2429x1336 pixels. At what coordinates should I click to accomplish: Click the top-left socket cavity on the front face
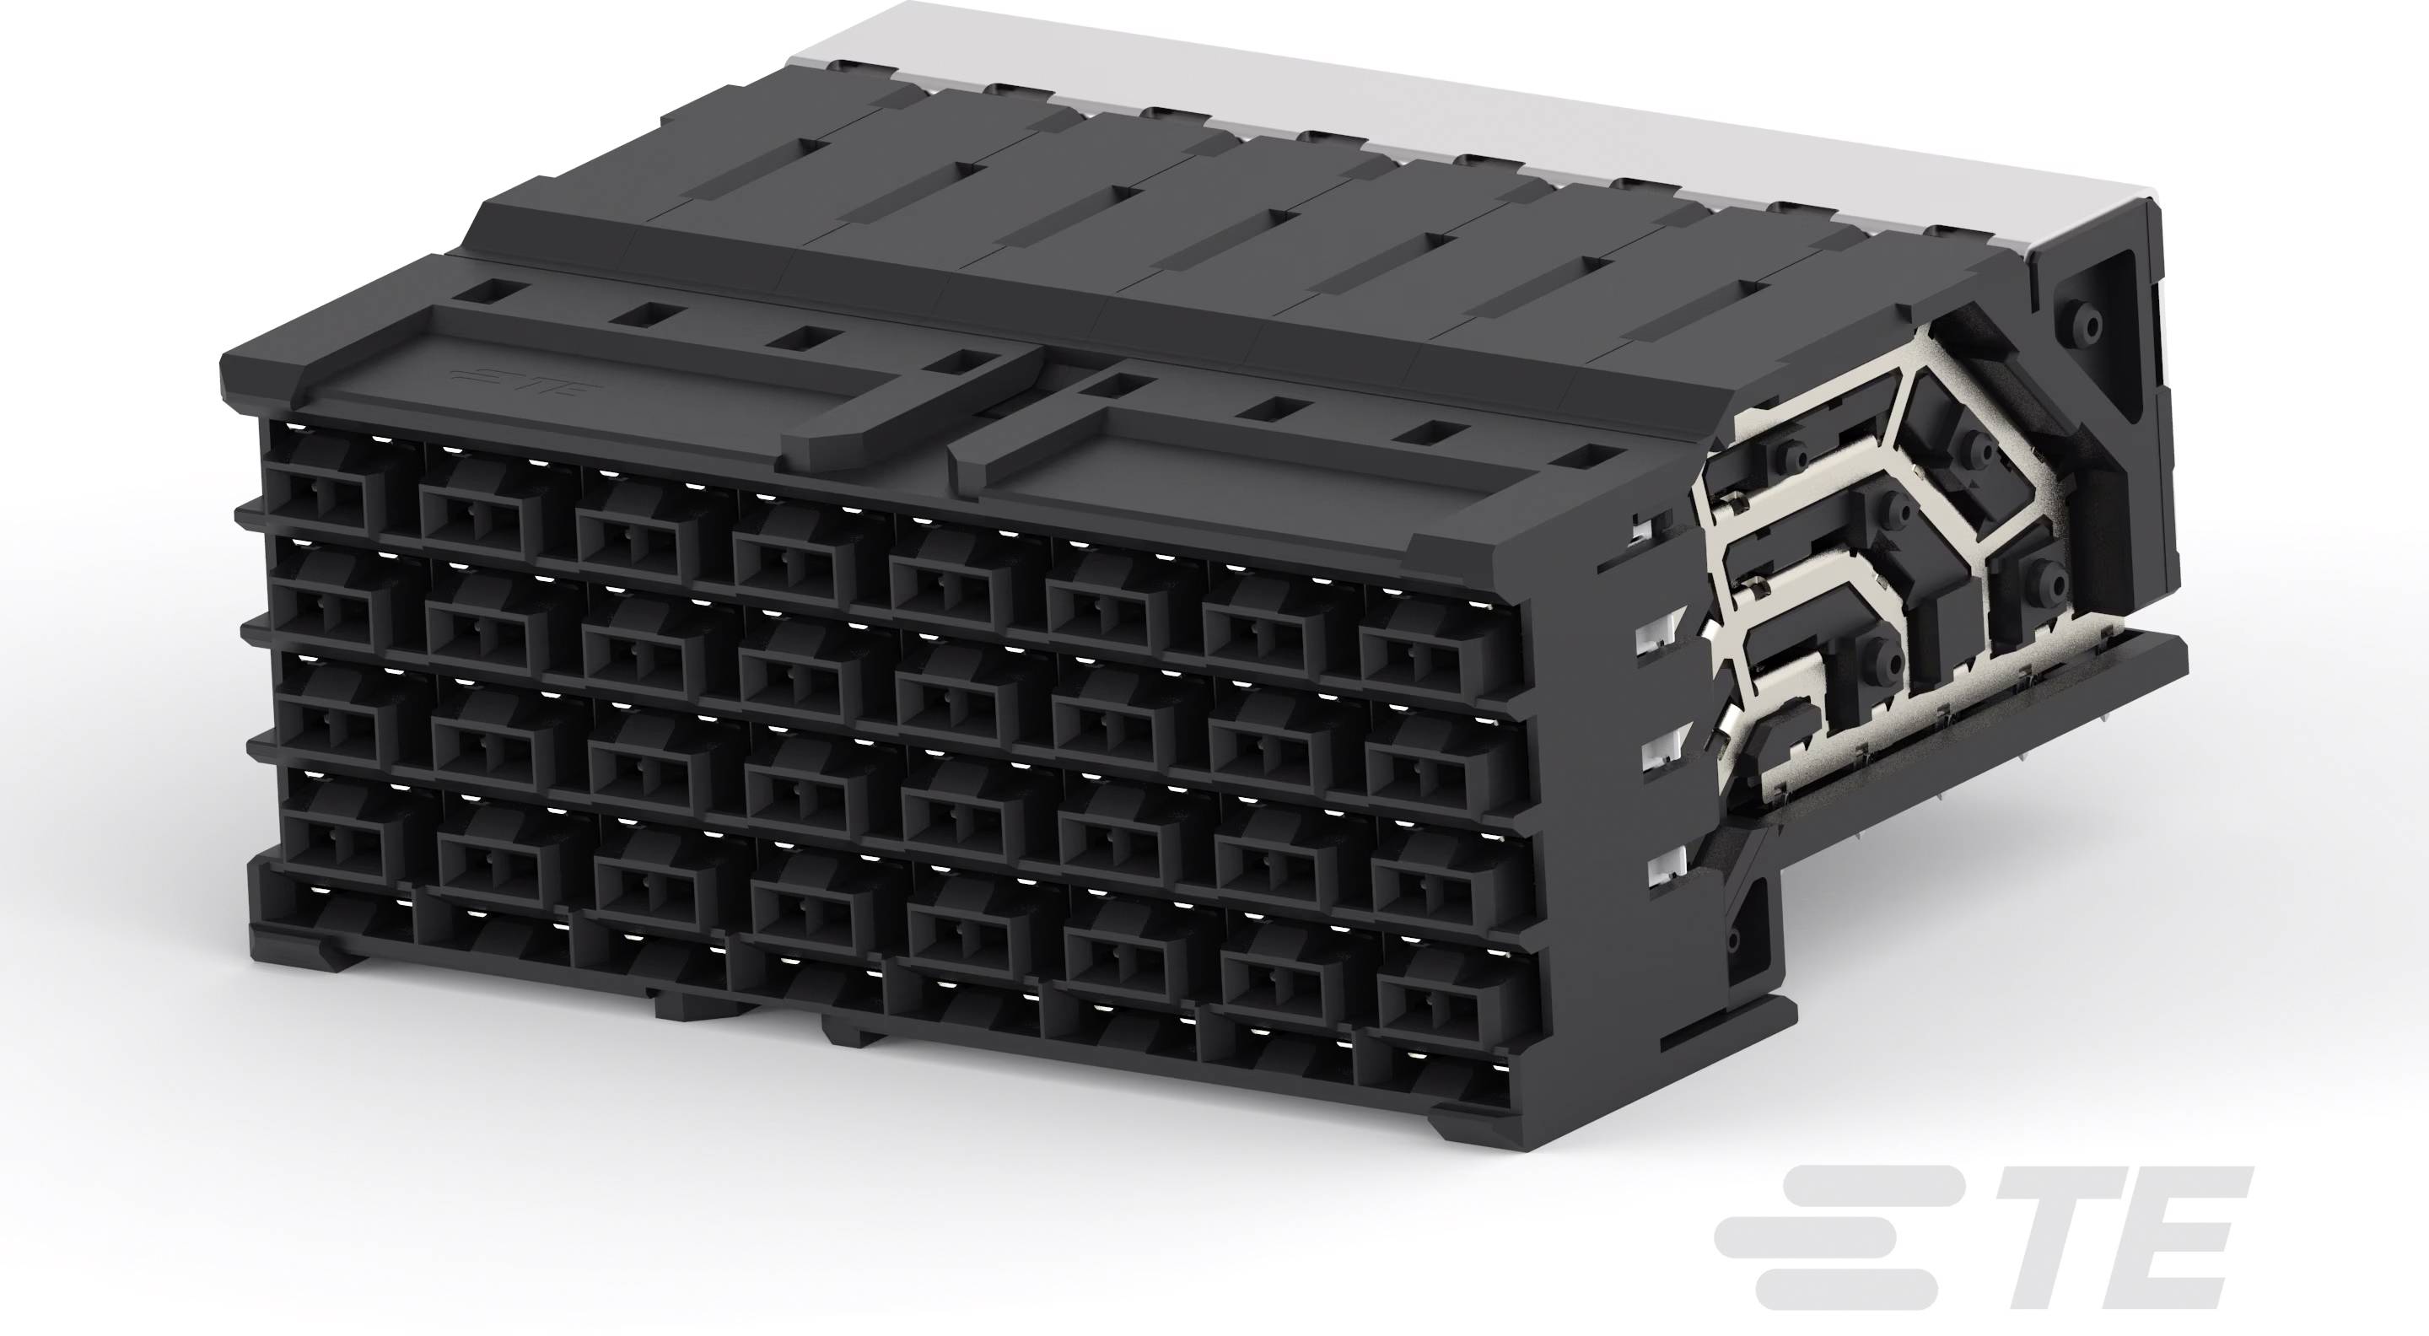pyautogui.click(x=323, y=498)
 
